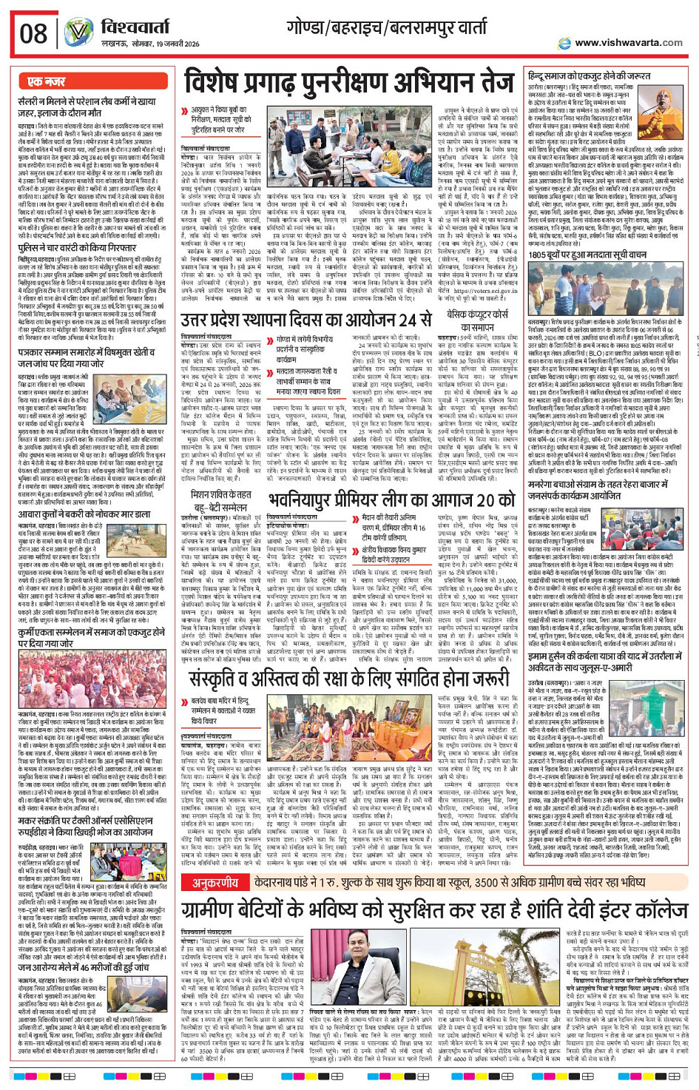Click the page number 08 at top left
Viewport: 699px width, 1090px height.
pyautogui.click(x=33, y=33)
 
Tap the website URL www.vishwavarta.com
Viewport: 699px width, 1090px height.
pyautogui.click(x=628, y=43)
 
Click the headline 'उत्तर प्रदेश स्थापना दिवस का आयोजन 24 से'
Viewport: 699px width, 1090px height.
pyautogui.click(x=306, y=320)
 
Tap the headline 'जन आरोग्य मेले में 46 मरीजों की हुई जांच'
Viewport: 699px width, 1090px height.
pyautogui.click(x=84, y=968)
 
